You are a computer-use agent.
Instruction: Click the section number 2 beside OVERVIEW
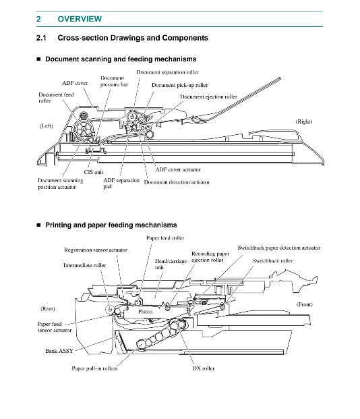[38, 19]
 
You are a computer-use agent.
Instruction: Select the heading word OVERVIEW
[80, 19]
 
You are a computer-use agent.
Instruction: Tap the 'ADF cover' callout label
[75, 83]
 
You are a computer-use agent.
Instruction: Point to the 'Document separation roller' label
[167, 72]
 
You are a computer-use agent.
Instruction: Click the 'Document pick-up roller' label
[180, 85]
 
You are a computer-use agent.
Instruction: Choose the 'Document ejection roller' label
[208, 96]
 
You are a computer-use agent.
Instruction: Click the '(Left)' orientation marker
[47, 125]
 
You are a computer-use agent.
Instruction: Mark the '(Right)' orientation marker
[304, 121]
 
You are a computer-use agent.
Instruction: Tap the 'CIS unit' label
[94, 172]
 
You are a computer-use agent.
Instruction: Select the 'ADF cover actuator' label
[178, 169]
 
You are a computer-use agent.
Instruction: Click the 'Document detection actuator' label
[177, 182]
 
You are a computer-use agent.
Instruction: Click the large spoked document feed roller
[83, 129]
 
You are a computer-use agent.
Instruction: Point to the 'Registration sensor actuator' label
[96, 250]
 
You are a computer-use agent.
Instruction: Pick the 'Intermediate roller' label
[84, 265]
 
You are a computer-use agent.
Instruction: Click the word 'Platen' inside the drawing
[146, 312]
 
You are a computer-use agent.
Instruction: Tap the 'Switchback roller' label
[272, 260]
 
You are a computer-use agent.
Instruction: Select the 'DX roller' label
[203, 368]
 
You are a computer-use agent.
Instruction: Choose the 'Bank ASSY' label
[59, 351]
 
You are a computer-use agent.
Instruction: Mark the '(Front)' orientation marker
[305, 304]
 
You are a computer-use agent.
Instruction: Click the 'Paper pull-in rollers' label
[94, 368]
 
